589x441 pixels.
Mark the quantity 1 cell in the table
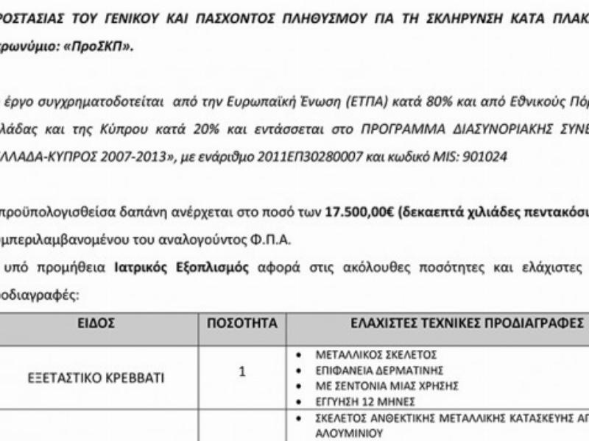pos(242,372)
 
